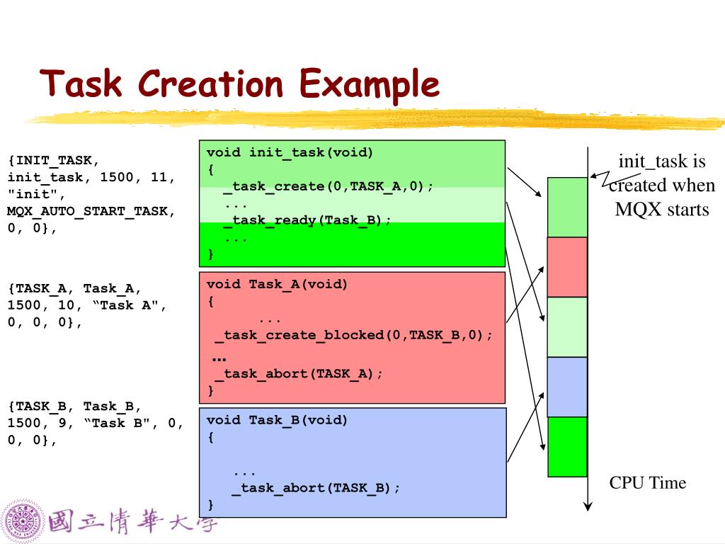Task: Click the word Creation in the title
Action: [210, 84]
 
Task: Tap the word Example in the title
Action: [370, 86]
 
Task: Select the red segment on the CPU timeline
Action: [567, 267]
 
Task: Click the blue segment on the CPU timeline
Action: [567, 387]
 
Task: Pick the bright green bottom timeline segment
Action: [567, 446]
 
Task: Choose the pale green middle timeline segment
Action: [567, 327]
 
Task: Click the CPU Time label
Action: [647, 482]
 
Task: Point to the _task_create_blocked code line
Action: [354, 335]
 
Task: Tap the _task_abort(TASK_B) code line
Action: [315, 488]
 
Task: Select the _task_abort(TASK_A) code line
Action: [299, 374]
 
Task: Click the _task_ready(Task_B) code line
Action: [307, 220]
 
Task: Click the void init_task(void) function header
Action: [290, 153]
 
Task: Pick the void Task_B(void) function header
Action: [277, 420]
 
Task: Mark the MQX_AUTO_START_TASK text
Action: [91, 211]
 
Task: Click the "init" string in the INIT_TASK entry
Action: [37, 194]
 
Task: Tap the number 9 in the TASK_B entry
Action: [62, 423]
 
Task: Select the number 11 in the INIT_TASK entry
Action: [159, 177]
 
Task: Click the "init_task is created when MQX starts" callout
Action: [662, 185]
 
